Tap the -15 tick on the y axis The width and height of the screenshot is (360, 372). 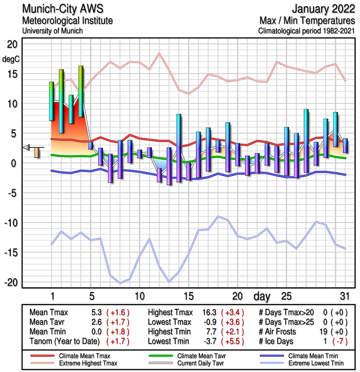point(10,252)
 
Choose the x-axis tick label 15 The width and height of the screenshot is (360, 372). point(188,296)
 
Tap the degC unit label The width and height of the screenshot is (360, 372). point(11,59)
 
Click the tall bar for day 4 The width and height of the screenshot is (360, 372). point(81,91)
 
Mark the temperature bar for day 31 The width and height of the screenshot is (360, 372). point(345,146)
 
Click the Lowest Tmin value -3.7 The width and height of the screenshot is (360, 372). point(210,341)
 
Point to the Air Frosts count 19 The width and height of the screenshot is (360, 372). point(327,332)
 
